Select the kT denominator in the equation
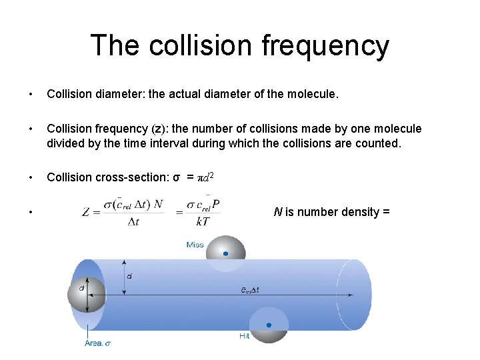[203, 221]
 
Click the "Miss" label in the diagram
[195, 245]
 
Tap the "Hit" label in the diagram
[245, 337]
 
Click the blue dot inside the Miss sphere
[226, 253]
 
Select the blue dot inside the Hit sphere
[269, 325]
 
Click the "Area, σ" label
[97, 344]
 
